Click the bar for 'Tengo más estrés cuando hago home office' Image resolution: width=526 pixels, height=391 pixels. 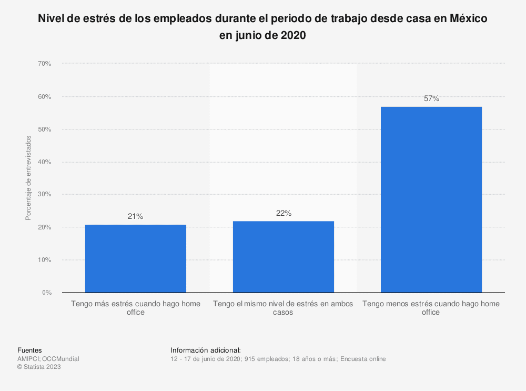135,258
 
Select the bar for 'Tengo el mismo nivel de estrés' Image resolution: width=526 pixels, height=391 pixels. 283,257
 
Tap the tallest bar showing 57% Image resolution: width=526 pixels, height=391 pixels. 431,199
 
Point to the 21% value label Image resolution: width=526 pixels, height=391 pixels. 135,216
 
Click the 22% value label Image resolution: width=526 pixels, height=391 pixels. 284,213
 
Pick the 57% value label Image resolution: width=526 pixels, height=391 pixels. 431,98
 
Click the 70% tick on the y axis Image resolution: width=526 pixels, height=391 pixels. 44,64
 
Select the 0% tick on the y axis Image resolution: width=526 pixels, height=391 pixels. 46,293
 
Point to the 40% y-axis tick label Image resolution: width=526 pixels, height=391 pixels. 44,162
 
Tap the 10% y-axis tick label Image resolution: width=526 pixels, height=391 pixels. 44,260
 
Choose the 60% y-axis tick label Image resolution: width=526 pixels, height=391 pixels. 44,97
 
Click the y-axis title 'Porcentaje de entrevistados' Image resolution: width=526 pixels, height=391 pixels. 28,178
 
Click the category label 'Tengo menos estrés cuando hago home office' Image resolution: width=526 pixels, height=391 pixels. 431,308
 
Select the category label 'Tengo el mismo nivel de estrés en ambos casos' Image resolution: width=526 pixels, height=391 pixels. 283,308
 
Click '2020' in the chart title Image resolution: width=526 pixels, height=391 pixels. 292,36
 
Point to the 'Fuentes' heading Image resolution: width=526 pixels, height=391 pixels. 29,350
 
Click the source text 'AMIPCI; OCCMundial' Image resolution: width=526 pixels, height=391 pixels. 48,359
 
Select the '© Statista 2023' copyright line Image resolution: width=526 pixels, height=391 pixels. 39,367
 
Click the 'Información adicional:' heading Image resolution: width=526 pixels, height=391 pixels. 206,350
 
